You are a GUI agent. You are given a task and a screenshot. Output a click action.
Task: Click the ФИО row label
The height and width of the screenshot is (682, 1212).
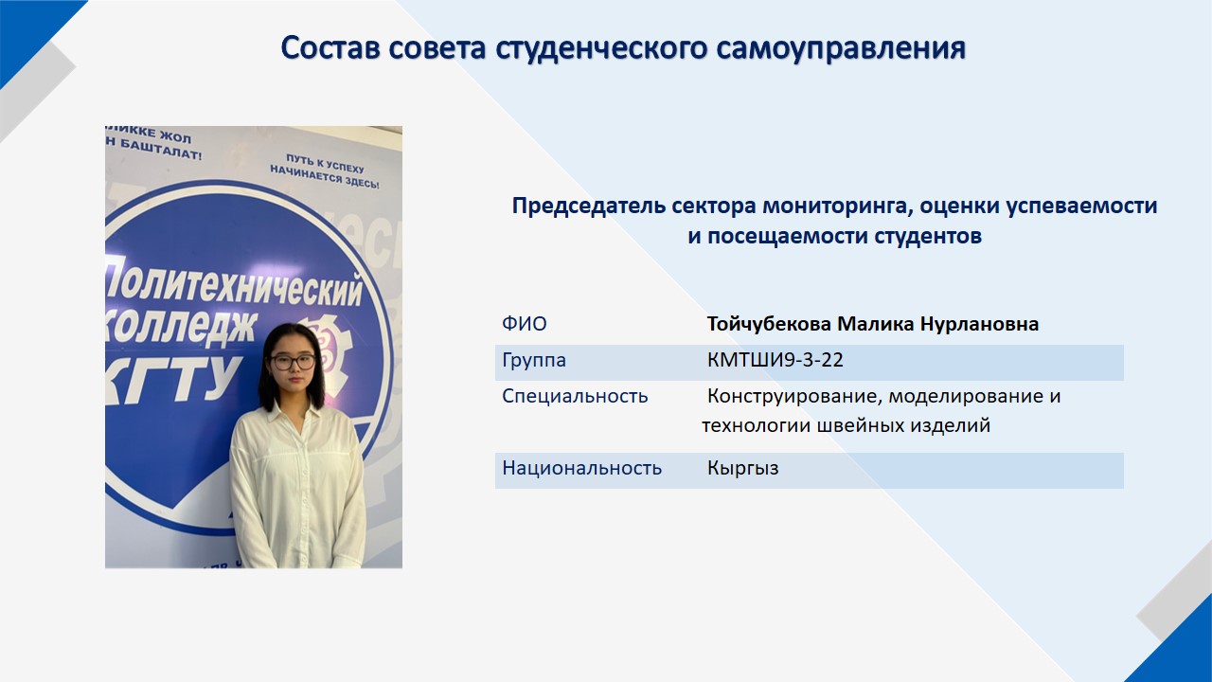[x=525, y=324]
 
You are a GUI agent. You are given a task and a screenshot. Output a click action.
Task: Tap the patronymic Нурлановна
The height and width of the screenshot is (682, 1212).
[x=979, y=324]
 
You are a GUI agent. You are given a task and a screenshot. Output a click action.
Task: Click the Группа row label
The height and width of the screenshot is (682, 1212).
[x=534, y=361]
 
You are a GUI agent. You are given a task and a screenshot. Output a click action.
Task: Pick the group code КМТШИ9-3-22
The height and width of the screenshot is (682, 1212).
[x=775, y=360]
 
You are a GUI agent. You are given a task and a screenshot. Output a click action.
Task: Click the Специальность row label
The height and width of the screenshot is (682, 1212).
[x=575, y=396]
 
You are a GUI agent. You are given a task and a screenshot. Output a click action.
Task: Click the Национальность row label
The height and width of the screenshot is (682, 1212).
[x=581, y=468]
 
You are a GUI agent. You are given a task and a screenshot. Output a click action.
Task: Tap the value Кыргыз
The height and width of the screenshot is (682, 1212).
[x=742, y=469]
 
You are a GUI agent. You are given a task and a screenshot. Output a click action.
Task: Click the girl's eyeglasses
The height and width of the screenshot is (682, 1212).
[x=293, y=362]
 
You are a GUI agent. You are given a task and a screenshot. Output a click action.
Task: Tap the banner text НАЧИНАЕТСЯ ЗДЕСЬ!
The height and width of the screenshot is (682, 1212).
[x=324, y=177]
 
